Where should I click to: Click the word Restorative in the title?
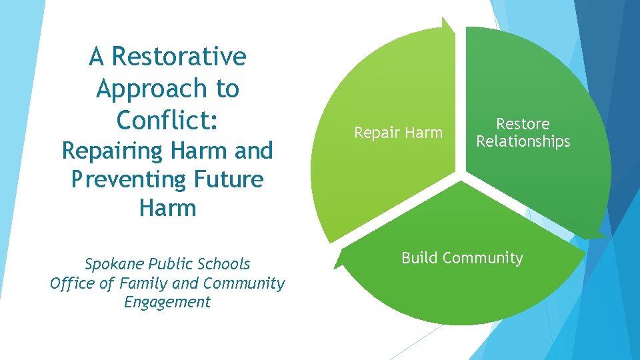click(179, 57)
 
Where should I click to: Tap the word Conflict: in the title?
click(167, 119)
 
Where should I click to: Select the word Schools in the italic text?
click(225, 264)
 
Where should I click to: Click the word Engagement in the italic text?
click(167, 302)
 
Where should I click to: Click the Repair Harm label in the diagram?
click(398, 133)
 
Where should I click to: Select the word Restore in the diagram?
click(523, 124)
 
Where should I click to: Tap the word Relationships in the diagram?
click(523, 141)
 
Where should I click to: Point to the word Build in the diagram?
click(420, 258)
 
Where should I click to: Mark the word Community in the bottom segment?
click(483, 258)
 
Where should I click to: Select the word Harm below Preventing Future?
click(167, 208)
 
